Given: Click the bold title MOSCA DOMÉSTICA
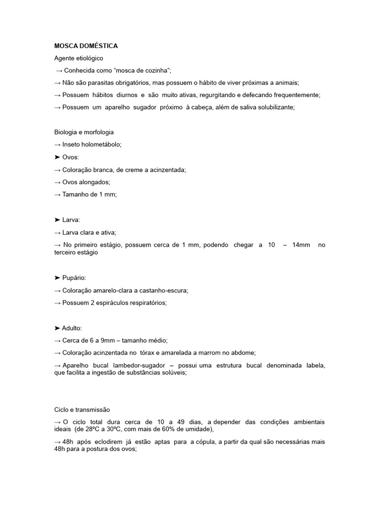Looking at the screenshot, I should pyautogui.click(x=86, y=46).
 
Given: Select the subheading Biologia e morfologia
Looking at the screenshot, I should pyautogui.click(x=84, y=132).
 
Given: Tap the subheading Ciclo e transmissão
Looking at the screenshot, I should pyautogui.click(x=82, y=409).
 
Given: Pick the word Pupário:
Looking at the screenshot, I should pyautogui.click(x=77, y=278).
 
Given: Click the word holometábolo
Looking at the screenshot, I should pyautogui.click(x=102, y=145).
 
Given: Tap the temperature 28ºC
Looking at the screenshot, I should pyautogui.click(x=126, y=429).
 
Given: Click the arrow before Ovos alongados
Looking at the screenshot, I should pyautogui.click(x=57, y=182).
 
